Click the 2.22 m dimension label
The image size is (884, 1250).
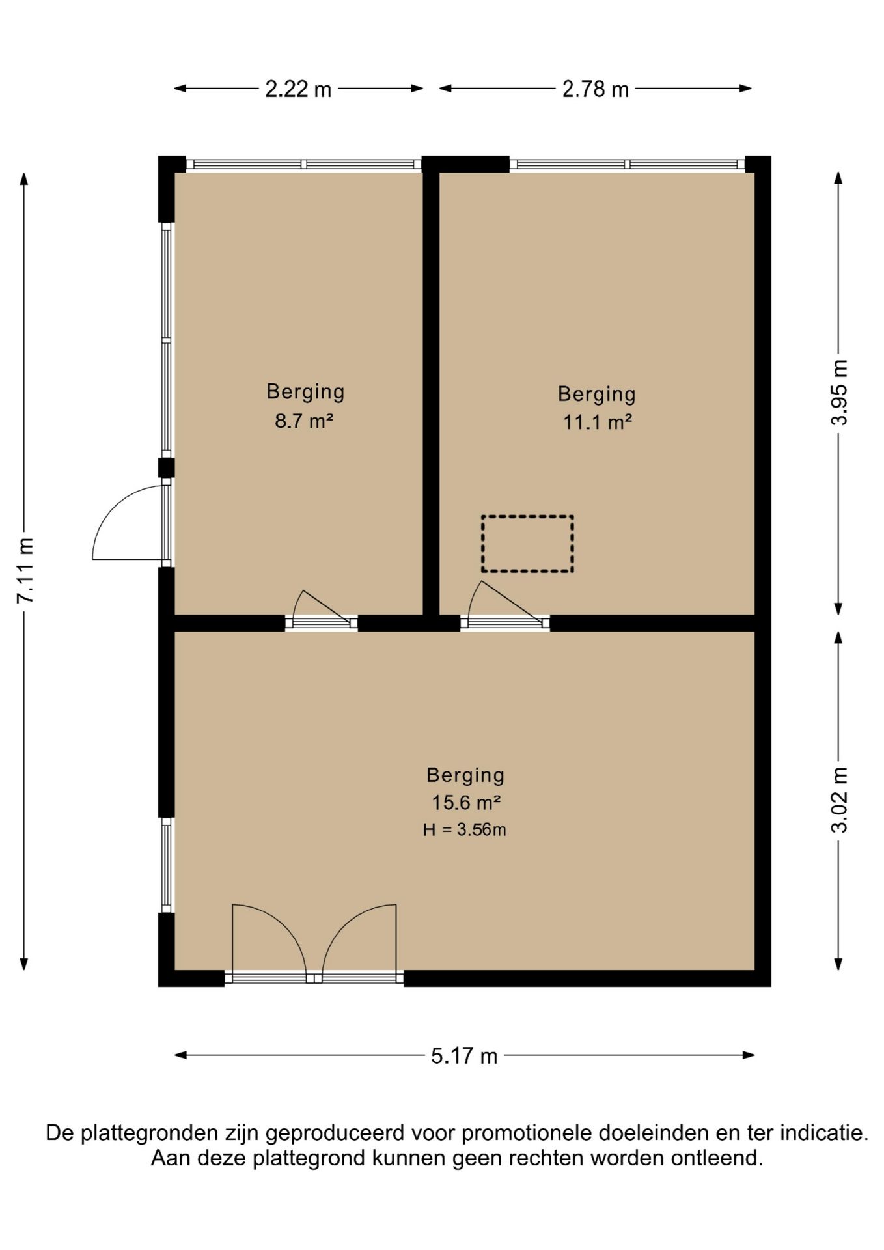point(298,89)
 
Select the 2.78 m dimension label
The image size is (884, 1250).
point(596,89)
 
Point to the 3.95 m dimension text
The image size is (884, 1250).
point(839,393)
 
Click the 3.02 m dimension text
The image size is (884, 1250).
point(839,799)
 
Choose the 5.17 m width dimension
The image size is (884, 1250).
point(464,1055)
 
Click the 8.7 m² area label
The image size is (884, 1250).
point(304,421)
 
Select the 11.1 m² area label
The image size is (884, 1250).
point(597,423)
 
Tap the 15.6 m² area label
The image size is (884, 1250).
point(466,803)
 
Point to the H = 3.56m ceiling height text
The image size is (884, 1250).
point(465,830)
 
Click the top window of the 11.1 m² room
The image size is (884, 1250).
point(627,164)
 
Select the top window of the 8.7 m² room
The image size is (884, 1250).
point(304,164)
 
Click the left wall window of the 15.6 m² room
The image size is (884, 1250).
point(166,865)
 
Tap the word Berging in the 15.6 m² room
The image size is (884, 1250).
point(465,775)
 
